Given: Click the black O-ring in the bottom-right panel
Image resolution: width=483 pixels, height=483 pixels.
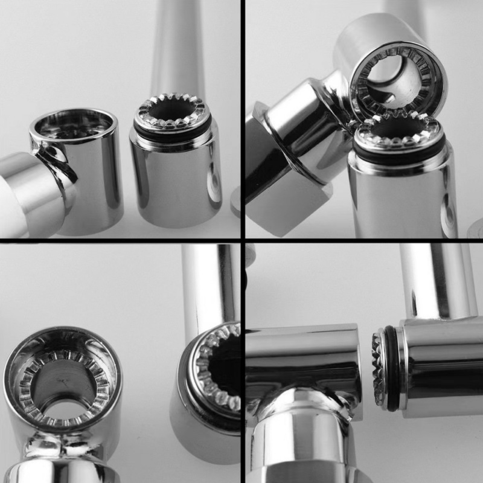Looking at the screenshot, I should [x=392, y=368].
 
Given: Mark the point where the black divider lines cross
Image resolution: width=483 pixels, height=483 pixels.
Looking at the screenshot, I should [x=243, y=240].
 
